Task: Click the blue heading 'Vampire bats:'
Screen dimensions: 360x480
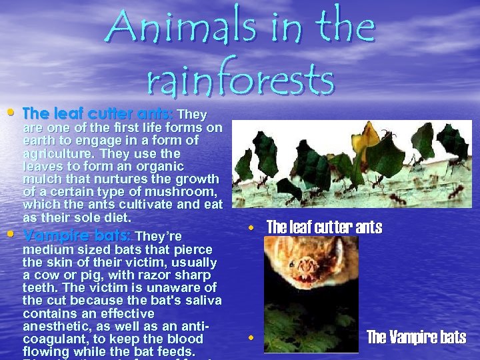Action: (x=77, y=236)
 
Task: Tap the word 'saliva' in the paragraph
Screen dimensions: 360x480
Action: (x=203, y=301)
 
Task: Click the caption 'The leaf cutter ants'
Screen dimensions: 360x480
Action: (x=324, y=228)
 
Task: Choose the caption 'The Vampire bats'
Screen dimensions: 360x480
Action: (x=417, y=337)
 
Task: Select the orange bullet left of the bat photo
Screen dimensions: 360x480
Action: (x=251, y=338)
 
